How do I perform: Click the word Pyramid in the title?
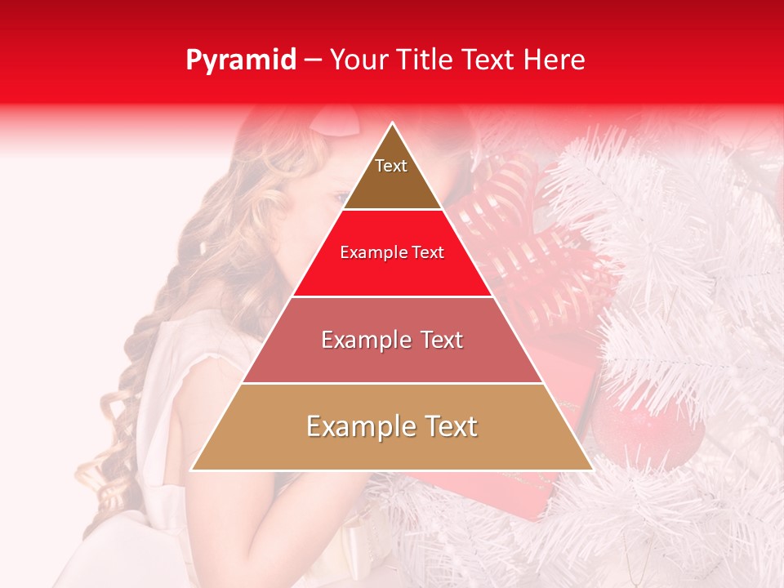pyautogui.click(x=240, y=60)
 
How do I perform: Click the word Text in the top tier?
pyautogui.click(x=391, y=166)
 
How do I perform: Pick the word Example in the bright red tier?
pyautogui.click(x=370, y=253)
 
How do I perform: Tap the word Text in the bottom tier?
pyautogui.click(x=448, y=426)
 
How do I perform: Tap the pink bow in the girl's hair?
pyautogui.click(x=339, y=122)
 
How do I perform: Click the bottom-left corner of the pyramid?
pyautogui.click(x=193, y=470)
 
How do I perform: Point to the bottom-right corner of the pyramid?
pyautogui.click(x=592, y=470)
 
